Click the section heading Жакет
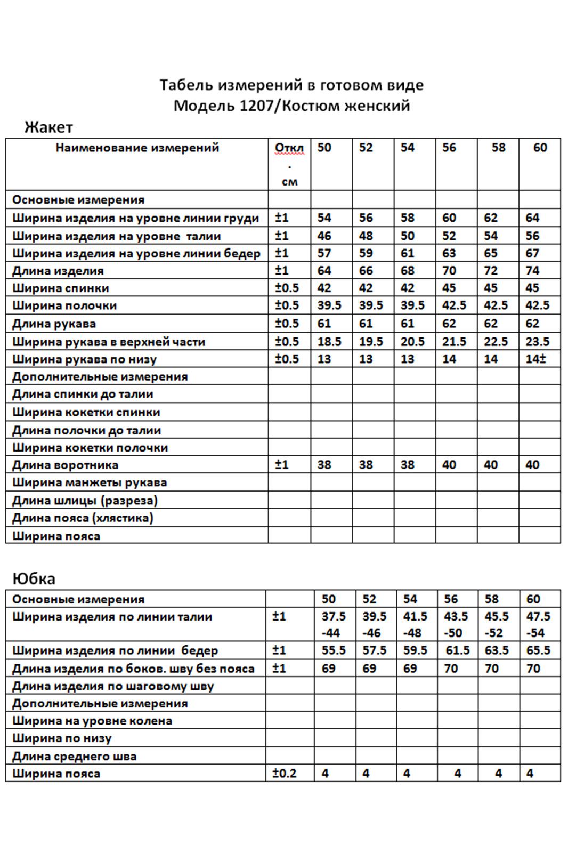48,127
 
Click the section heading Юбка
34,579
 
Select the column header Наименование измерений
137,148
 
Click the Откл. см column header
289,164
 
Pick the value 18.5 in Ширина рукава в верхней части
329,342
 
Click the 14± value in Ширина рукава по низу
535,359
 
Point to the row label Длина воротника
65,465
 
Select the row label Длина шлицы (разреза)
85,501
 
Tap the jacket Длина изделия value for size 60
532,271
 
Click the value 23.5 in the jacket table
537,342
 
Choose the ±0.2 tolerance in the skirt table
284,773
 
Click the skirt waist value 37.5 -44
334,624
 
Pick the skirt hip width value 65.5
538,650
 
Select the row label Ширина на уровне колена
92,721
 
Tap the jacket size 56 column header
449,148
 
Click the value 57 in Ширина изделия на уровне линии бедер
324,253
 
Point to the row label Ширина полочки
64,305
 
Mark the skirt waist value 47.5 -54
538,624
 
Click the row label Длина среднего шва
74,756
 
